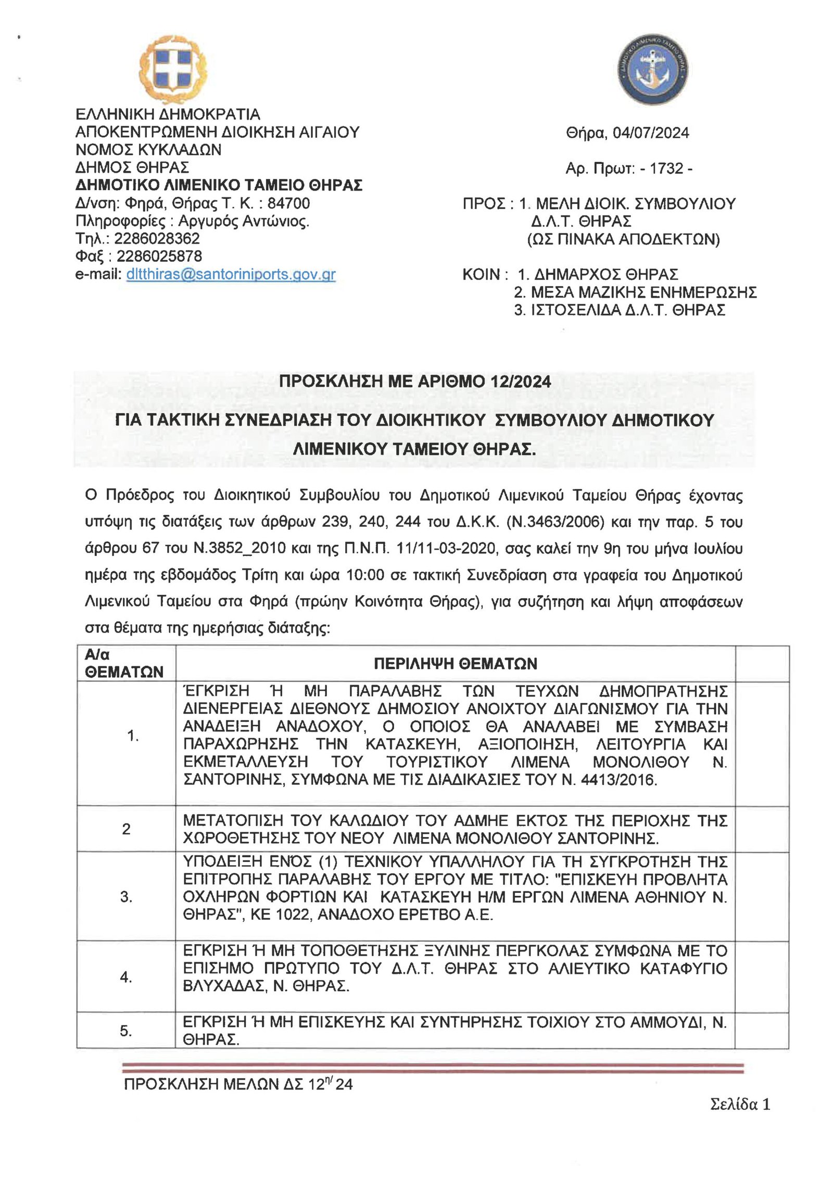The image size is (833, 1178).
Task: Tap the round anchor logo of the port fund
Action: coord(653,70)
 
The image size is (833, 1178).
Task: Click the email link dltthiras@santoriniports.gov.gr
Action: coord(231,274)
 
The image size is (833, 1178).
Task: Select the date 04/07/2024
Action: coord(650,133)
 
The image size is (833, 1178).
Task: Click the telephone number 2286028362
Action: coord(157,238)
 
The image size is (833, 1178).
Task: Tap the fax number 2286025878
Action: coord(159,256)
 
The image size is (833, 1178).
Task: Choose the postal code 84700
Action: coord(288,203)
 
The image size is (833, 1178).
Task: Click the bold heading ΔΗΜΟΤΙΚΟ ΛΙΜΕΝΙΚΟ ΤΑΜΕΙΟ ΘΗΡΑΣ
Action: coord(219,185)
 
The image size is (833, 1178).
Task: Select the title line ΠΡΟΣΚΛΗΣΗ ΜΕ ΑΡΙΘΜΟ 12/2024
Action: coord(414,382)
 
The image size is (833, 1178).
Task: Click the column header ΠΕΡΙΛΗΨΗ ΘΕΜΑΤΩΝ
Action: coord(455,663)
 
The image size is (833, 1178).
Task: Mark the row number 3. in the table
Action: coord(126,896)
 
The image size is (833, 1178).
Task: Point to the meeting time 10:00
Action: coord(365,575)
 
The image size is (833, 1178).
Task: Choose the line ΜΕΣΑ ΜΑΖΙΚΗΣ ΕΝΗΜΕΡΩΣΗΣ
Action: coord(643,292)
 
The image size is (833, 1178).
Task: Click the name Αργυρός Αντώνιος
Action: coord(243,221)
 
